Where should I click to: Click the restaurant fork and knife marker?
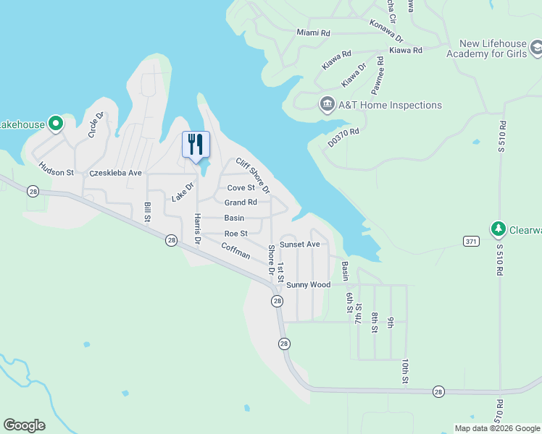[x=195, y=145]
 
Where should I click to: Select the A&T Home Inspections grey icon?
[x=327, y=105]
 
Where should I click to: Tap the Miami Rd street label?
[x=313, y=33]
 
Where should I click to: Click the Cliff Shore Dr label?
[x=252, y=176]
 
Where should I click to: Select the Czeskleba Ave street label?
[x=115, y=174]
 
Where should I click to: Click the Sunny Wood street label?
[x=308, y=285]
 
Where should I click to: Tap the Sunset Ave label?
[x=300, y=244]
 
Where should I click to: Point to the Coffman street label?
[x=235, y=250]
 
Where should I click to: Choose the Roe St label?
[x=236, y=234]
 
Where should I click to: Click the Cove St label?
[x=241, y=188]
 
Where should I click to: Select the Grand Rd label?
[x=241, y=203]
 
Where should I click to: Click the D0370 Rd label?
[x=343, y=137]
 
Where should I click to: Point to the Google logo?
[x=24, y=425]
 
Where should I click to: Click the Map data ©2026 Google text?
[x=496, y=428]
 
